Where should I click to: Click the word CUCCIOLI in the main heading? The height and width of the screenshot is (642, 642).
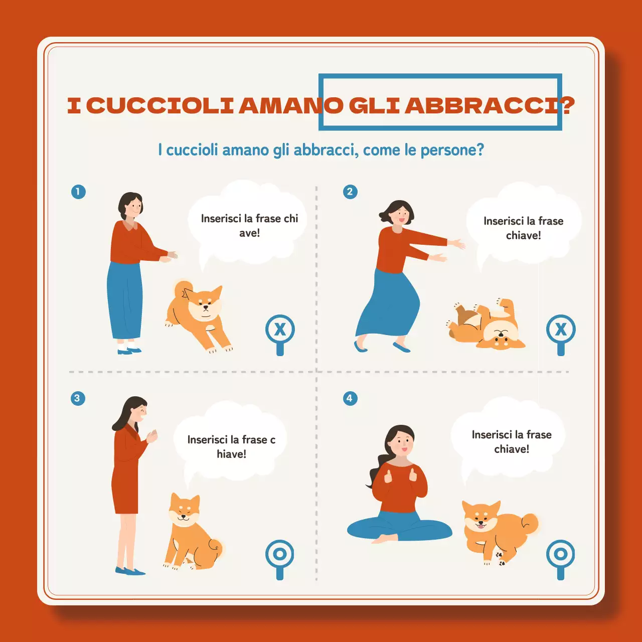[160, 106]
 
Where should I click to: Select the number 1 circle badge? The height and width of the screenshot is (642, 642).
[78, 192]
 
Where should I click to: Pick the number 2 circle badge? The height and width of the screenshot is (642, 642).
[350, 192]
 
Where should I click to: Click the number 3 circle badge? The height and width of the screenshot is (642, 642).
[78, 399]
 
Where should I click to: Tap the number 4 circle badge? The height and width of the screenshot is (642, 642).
[350, 399]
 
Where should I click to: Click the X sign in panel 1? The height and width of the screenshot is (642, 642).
[280, 330]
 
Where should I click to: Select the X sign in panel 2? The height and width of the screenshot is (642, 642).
[561, 330]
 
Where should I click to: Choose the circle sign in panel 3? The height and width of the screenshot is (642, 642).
[280, 554]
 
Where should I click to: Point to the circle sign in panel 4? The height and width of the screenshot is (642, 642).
[561, 554]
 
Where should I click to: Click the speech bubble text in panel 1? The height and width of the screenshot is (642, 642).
[249, 226]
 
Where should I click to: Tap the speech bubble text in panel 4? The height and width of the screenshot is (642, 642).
[512, 442]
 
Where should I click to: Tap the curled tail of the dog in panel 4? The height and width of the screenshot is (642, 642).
[529, 523]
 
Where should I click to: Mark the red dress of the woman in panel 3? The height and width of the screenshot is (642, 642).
[125, 471]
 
